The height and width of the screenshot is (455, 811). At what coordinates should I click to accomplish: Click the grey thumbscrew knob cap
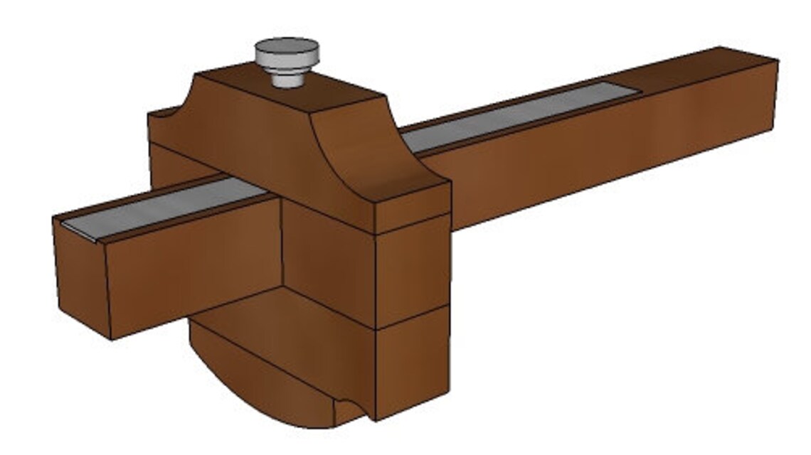[x=287, y=50]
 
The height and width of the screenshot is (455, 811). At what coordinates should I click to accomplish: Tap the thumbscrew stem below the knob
[x=287, y=76]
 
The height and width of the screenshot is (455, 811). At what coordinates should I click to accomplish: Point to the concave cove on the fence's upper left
[x=165, y=114]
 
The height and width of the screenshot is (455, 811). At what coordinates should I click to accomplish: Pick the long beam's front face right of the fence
[x=605, y=156]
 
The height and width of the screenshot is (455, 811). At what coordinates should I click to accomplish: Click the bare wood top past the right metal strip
[x=704, y=71]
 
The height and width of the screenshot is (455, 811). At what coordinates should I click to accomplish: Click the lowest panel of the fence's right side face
[x=411, y=363]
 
